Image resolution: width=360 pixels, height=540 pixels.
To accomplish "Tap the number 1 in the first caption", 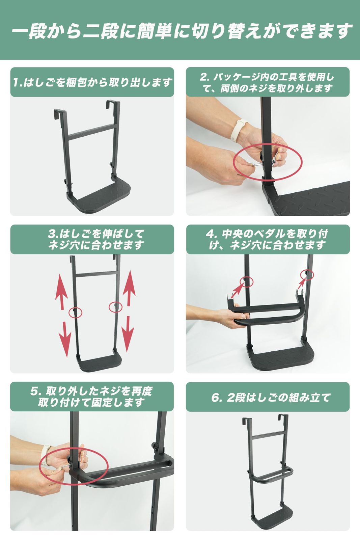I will [16, 82].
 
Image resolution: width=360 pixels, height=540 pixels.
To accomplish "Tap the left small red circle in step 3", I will [75, 312].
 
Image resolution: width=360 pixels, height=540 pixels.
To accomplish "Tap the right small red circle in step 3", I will [115, 307].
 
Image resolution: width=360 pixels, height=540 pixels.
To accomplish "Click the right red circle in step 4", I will [307, 275].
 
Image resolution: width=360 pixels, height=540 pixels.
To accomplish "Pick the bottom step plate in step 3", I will [99, 363].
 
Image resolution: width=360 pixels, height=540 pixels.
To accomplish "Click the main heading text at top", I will [180, 31].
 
